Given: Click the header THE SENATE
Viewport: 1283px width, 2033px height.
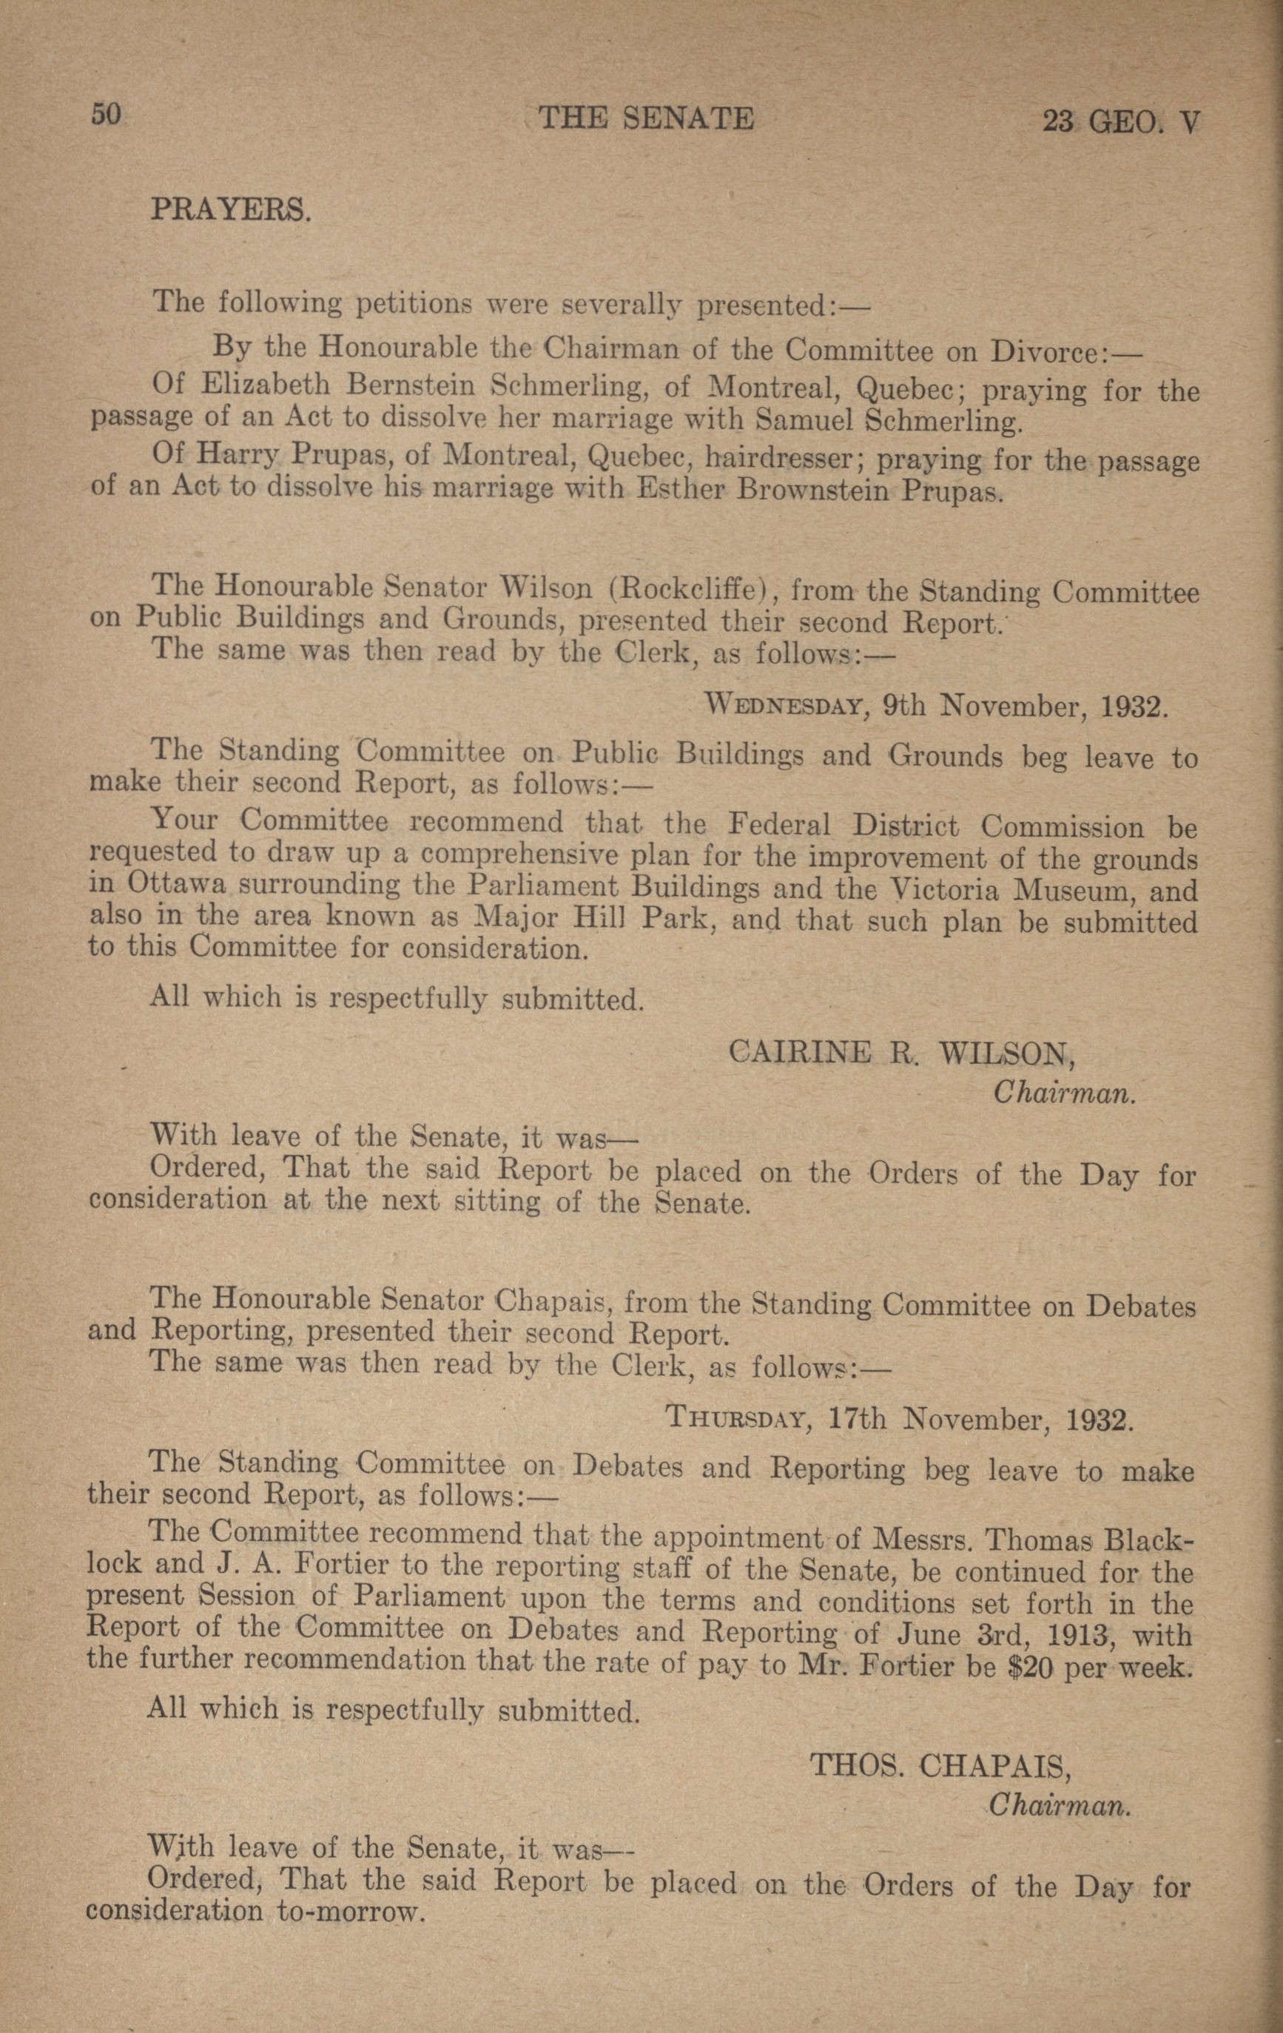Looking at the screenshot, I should (x=645, y=118).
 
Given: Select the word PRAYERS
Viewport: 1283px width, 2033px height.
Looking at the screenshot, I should (x=231, y=209).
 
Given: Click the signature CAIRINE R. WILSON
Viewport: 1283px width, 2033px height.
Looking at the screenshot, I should (x=902, y=1053).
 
